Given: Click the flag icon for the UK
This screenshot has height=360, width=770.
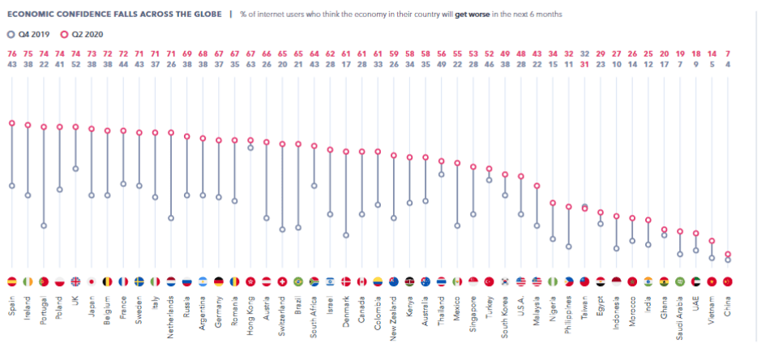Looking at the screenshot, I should [x=75, y=281].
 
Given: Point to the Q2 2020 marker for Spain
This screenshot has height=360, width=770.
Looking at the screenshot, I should [x=11, y=123].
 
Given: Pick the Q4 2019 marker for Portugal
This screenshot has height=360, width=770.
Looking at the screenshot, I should [x=43, y=225].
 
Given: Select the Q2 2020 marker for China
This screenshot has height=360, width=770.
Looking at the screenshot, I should [x=727, y=254].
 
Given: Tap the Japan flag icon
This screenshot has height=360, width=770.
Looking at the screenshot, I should [x=91, y=281].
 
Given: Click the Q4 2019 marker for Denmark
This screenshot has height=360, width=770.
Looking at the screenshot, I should [x=345, y=235].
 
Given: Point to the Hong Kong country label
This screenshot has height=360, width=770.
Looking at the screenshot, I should [x=250, y=311].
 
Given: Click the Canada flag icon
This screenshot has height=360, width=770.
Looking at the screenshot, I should [x=361, y=281].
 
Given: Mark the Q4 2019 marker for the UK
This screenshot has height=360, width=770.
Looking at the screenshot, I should [x=75, y=169].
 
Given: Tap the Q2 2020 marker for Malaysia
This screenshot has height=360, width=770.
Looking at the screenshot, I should [x=537, y=186].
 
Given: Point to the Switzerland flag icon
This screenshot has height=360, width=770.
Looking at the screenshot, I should [x=282, y=281].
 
